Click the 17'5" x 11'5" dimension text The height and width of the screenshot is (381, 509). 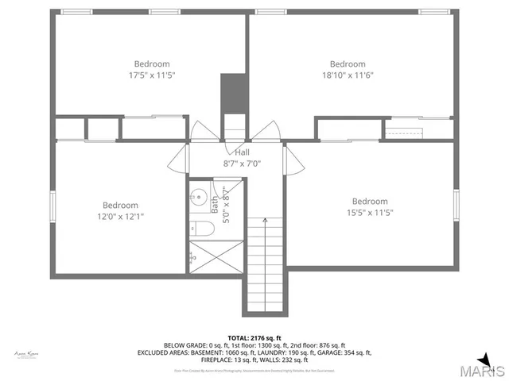(x=151, y=75)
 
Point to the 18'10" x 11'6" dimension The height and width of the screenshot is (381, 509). (x=348, y=75)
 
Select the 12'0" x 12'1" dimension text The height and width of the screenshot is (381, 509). (x=120, y=216)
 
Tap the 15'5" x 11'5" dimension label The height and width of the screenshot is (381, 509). (x=370, y=213)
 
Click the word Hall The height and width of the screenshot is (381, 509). (x=243, y=152)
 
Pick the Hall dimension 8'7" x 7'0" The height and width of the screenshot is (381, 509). (x=243, y=164)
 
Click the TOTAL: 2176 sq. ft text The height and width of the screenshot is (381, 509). (x=254, y=338)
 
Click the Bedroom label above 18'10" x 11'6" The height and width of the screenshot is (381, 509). (x=348, y=64)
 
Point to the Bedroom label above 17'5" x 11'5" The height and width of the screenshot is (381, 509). (x=151, y=64)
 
